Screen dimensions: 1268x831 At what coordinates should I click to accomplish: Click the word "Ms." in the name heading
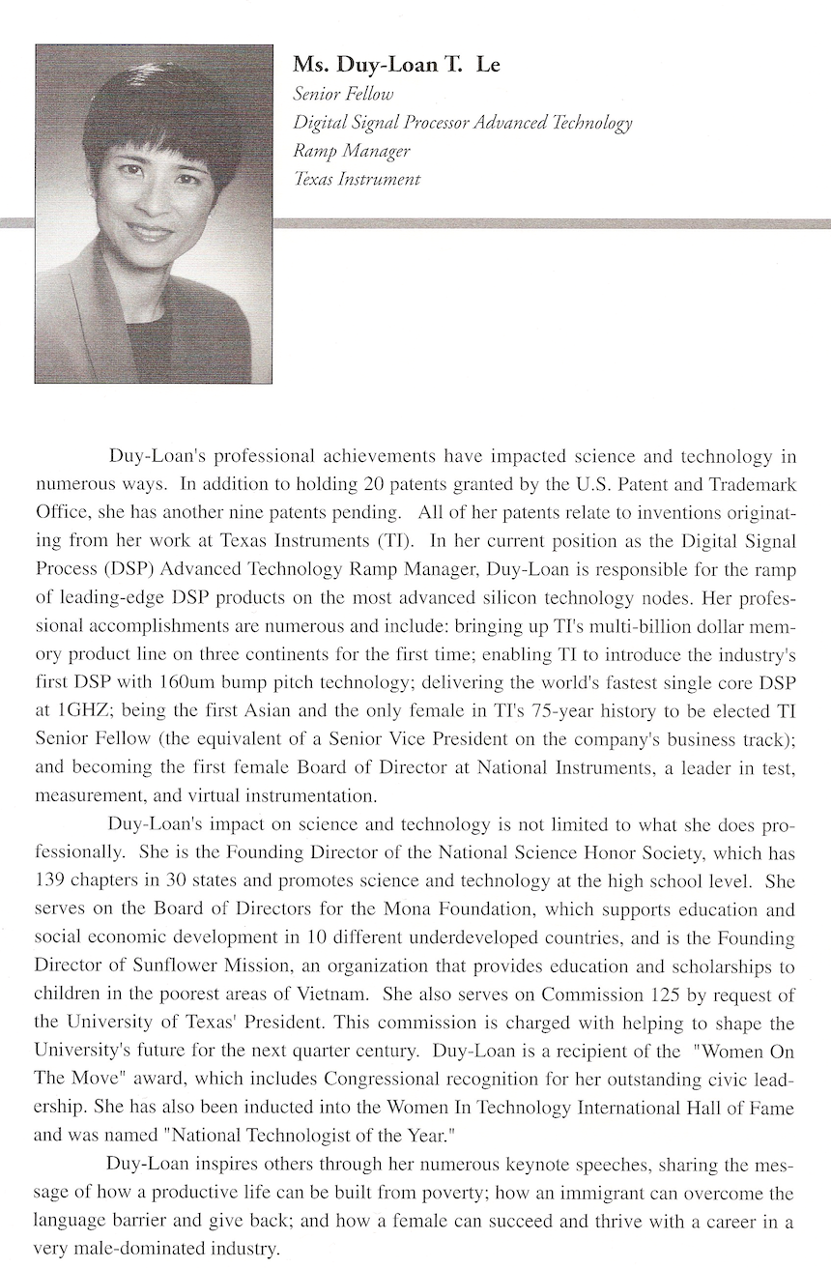pos(308,66)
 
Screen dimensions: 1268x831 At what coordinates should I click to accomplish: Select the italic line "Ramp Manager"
pos(352,151)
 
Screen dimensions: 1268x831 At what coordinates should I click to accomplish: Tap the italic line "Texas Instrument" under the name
pos(357,180)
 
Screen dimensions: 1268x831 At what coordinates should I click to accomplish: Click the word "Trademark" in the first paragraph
pos(756,481)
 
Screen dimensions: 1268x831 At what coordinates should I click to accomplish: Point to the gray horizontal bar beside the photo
pos(551,223)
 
